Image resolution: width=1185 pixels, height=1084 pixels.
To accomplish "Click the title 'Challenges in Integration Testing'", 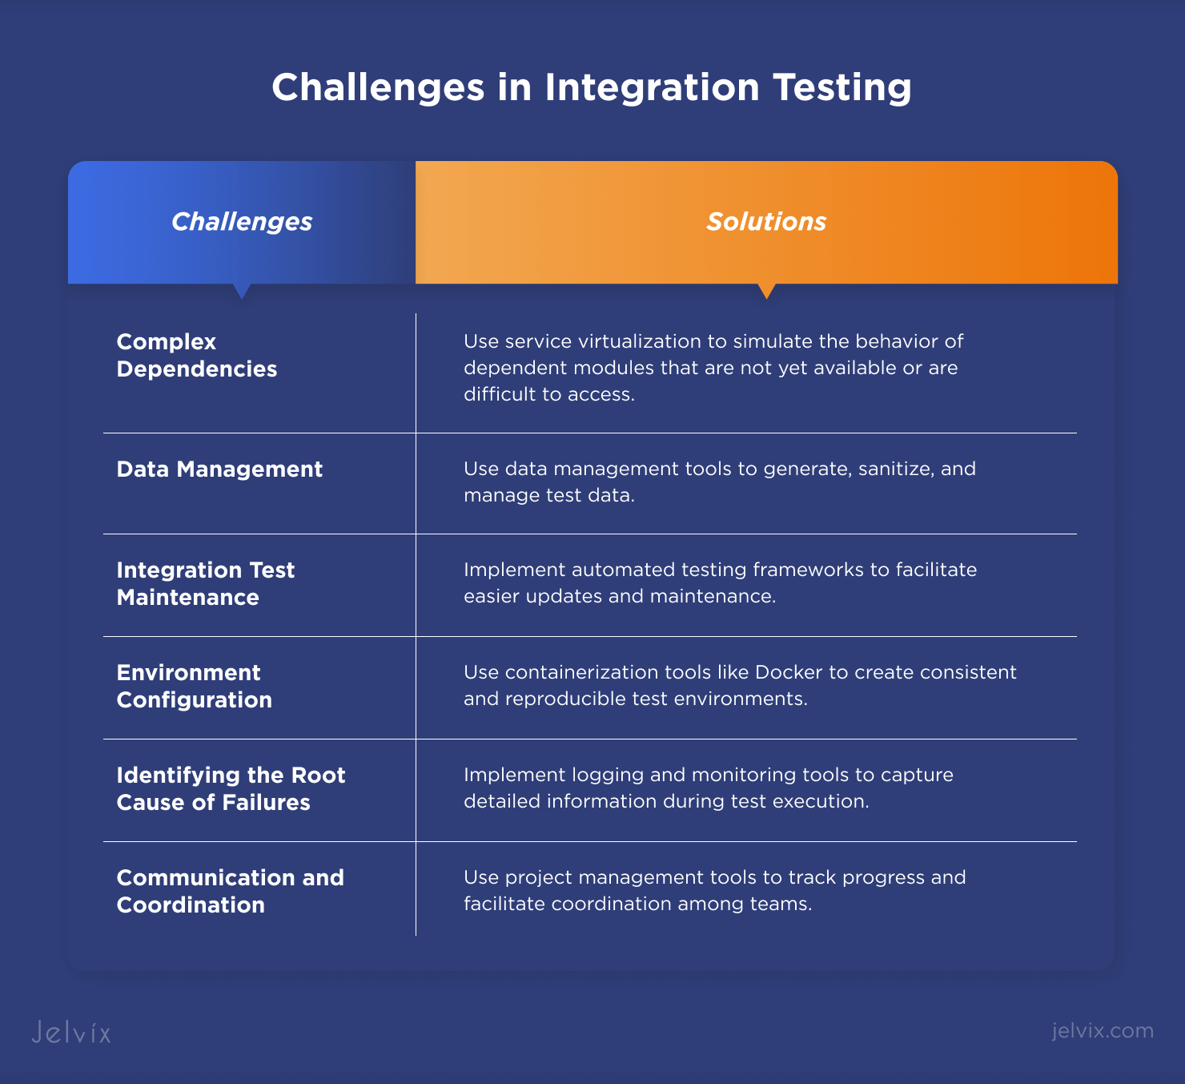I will tap(592, 87).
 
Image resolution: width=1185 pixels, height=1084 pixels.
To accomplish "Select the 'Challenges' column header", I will tap(242, 222).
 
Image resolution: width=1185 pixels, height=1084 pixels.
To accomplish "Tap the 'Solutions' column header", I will tap(766, 222).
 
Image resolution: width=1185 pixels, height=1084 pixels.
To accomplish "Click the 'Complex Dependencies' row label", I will tap(197, 355).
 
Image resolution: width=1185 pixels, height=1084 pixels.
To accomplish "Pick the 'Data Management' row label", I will tap(219, 469).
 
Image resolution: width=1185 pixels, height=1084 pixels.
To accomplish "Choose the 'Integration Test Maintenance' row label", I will tap(206, 583).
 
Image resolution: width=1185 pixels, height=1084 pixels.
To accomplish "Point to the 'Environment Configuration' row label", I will tap(195, 686).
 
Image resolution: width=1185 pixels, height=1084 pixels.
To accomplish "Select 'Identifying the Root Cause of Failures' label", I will tap(231, 788).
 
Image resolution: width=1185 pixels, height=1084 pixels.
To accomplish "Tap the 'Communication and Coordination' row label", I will tap(231, 891).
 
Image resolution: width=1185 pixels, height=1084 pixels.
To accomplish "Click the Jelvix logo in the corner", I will tap(71, 1032).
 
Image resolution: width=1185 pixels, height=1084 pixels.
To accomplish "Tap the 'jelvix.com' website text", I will tap(1103, 1031).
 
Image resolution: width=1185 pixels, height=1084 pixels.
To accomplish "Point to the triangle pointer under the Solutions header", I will tap(766, 291).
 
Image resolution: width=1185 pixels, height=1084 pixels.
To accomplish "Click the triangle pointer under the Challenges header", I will tap(242, 291).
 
